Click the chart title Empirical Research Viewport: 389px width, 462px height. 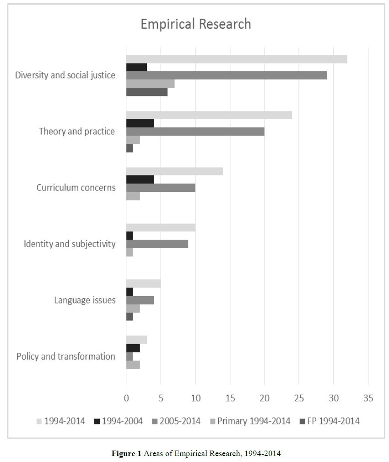[x=195, y=24]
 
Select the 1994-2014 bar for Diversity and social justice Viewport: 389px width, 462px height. [x=236, y=59]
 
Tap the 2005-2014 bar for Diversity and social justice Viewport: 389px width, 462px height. [x=226, y=75]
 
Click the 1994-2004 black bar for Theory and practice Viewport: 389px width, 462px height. [x=140, y=123]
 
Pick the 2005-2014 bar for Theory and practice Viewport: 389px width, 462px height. [x=195, y=132]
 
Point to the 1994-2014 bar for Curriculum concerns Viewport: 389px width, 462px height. [x=174, y=171]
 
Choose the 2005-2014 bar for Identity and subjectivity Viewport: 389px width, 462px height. [x=157, y=244]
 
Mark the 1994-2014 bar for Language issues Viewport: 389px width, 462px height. [x=143, y=283]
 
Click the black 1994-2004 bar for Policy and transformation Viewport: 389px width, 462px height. [x=133, y=348]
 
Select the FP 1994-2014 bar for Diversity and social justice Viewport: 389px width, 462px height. [x=147, y=92]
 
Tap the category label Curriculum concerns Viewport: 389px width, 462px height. [x=76, y=188]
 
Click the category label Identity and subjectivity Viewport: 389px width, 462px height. [x=70, y=244]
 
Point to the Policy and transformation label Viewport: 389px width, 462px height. [x=66, y=356]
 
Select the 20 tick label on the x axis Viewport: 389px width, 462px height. [x=264, y=398]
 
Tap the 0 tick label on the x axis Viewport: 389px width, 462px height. [x=126, y=398]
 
